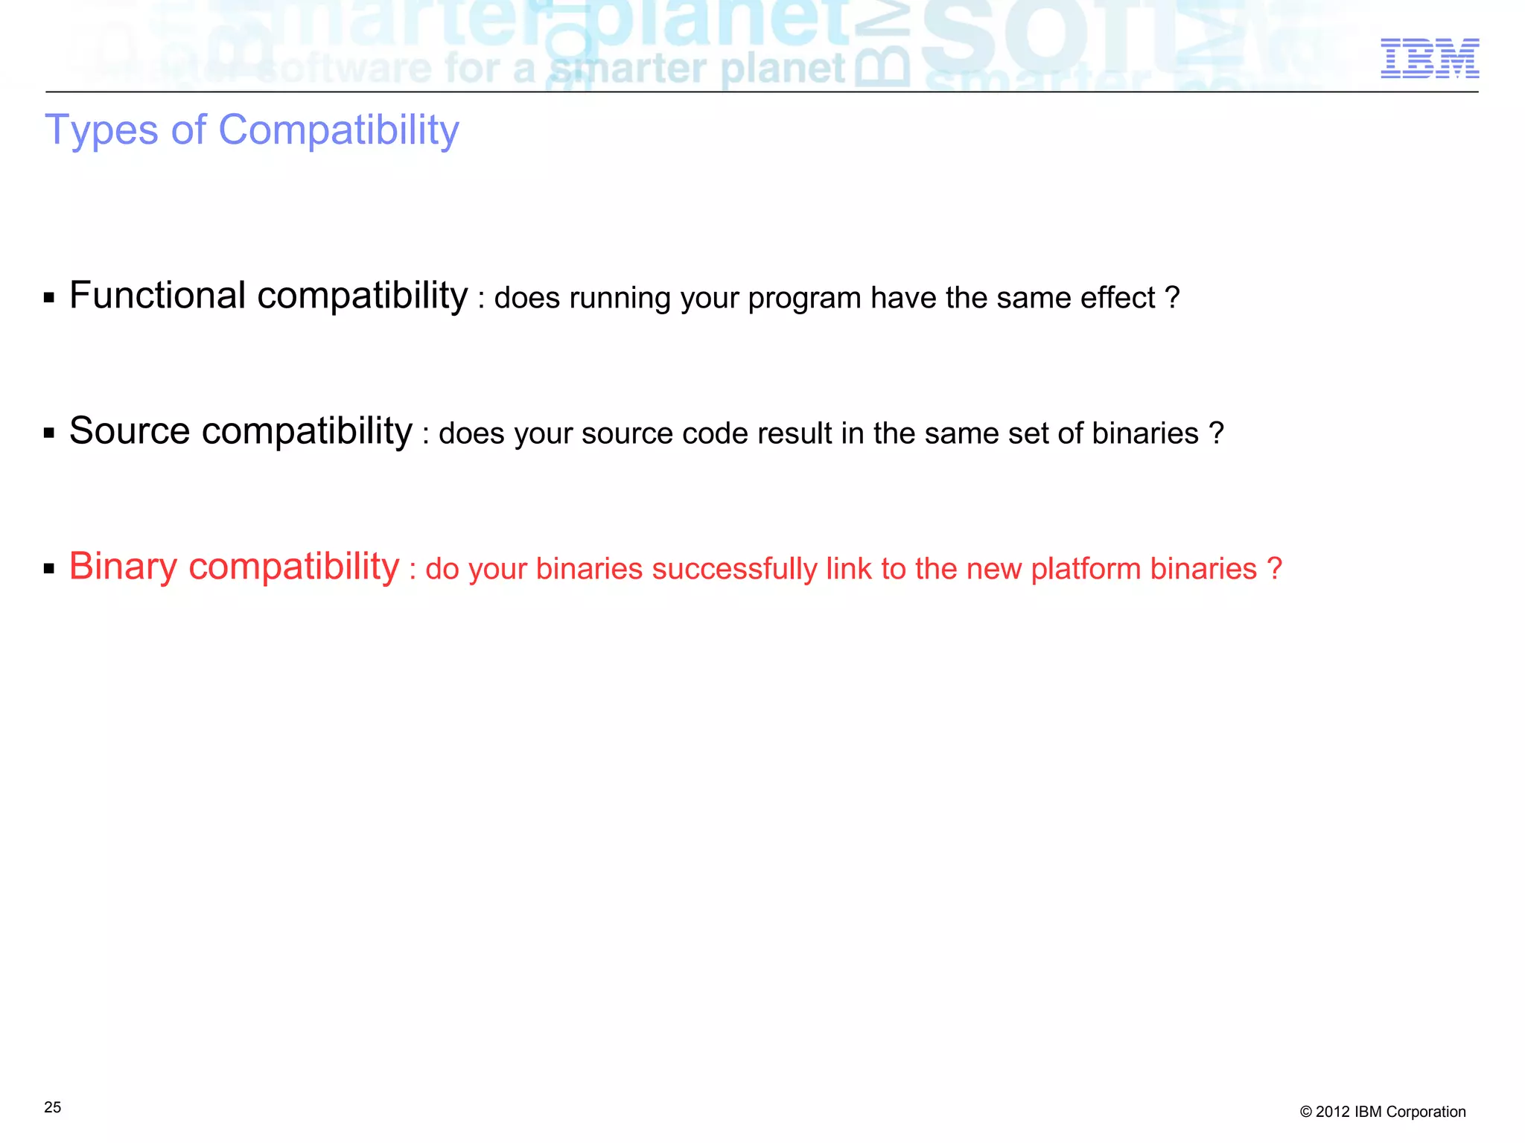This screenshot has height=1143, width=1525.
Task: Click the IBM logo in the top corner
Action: pyautogui.click(x=1430, y=58)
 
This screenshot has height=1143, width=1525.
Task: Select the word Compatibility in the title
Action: pyautogui.click(x=339, y=131)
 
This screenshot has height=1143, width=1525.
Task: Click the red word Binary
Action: pyautogui.click(x=123, y=567)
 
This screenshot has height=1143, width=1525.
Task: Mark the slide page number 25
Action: pyautogui.click(x=53, y=1107)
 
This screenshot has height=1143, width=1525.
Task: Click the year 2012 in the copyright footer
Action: pyautogui.click(x=1333, y=1112)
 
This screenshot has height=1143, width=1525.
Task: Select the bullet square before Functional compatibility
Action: pyautogui.click(x=49, y=299)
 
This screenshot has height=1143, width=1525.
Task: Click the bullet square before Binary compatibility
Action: pyautogui.click(x=49, y=570)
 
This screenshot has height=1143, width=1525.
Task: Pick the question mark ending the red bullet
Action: pyautogui.click(x=1274, y=569)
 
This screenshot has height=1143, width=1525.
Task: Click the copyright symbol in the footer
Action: pyautogui.click(x=1306, y=1112)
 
